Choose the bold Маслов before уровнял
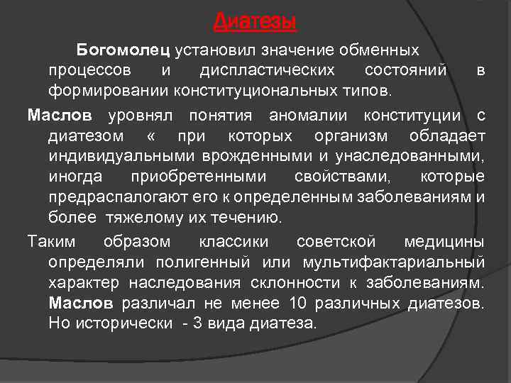[x=60, y=116]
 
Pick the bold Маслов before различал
[x=81, y=304]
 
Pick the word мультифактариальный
[x=394, y=262]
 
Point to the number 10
[x=297, y=304]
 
